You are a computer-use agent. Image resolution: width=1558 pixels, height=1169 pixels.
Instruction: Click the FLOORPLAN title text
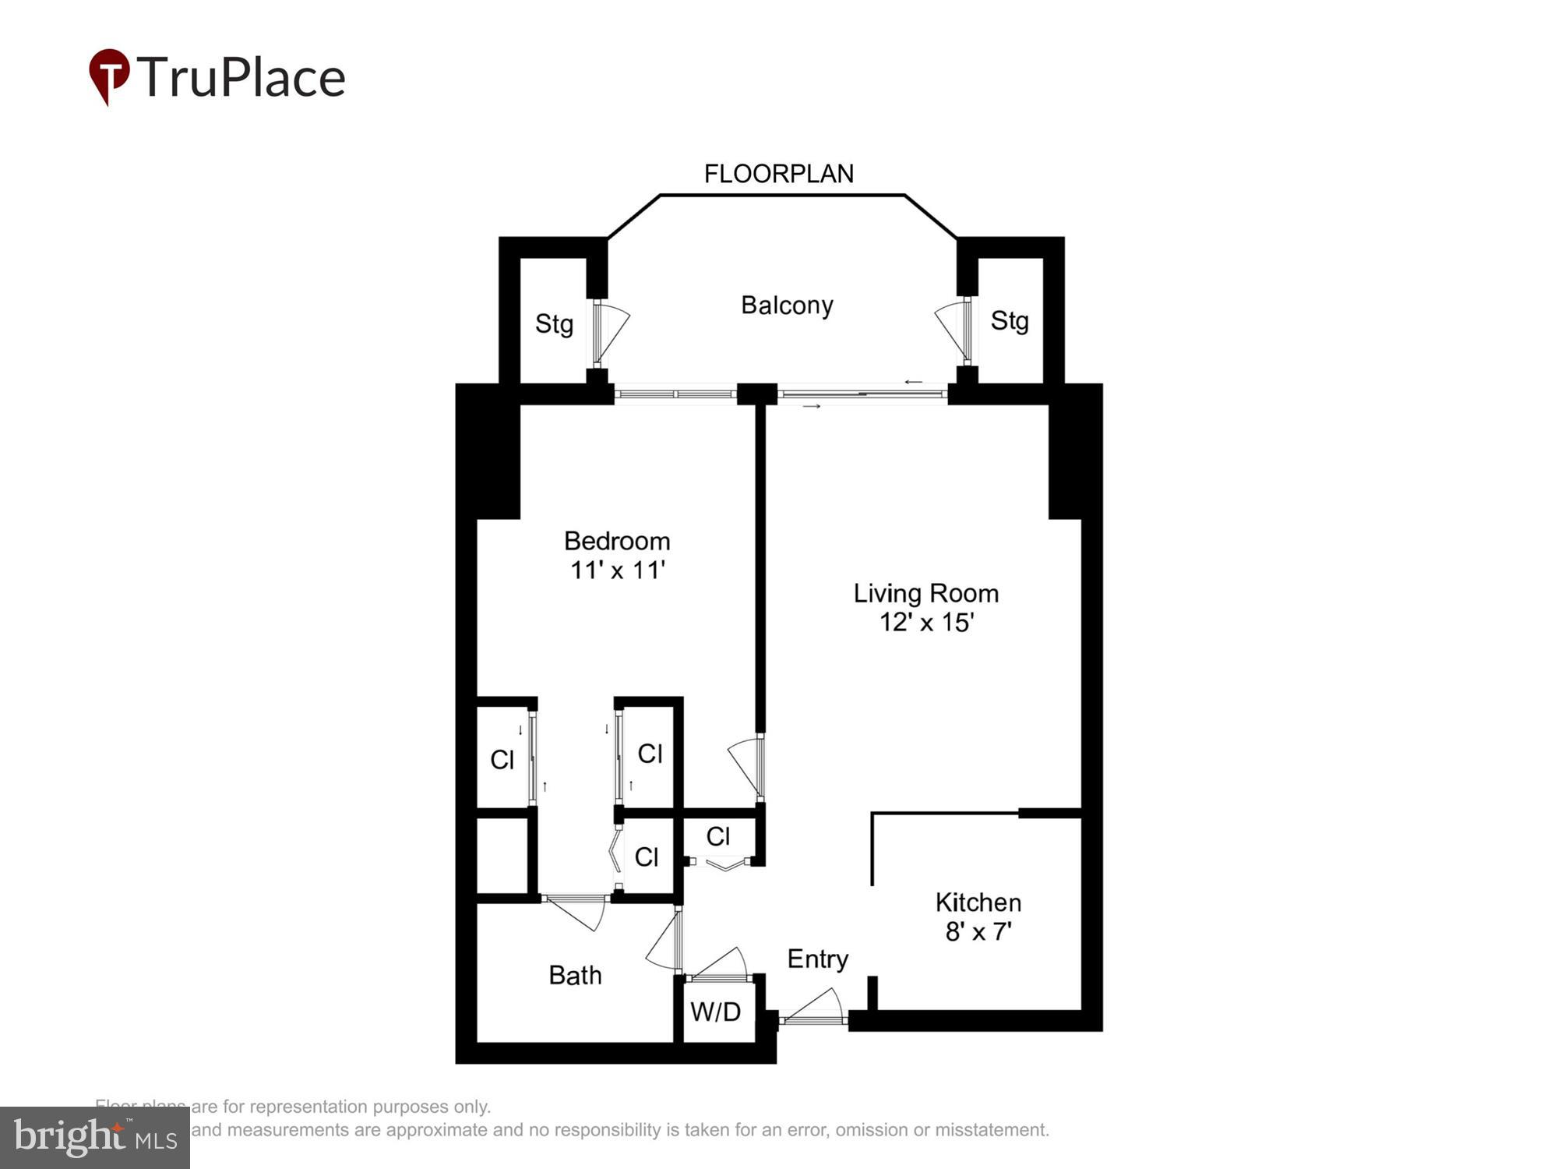point(778,174)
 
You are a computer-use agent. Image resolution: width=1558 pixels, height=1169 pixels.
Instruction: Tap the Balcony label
point(787,305)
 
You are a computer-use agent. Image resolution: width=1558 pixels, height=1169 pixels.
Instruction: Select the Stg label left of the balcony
point(554,323)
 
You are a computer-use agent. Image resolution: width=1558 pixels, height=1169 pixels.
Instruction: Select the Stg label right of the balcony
point(1010,320)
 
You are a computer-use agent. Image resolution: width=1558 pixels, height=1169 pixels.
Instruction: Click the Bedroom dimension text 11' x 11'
point(617,570)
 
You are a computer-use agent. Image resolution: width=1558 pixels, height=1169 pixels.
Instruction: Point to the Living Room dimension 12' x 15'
point(926,623)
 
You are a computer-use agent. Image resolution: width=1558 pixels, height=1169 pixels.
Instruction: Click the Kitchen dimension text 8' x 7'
point(978,931)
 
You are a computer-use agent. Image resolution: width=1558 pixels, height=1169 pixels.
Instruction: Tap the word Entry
point(817,959)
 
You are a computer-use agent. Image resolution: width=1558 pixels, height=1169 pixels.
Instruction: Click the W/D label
point(715,1012)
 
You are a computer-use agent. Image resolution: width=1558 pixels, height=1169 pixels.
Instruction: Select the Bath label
point(575,975)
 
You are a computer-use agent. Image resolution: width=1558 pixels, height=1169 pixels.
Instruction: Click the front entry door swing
point(814,1008)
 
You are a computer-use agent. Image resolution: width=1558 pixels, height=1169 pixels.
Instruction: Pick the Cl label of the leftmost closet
point(502,759)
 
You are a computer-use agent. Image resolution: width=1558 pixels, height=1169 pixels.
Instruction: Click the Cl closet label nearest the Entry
point(717,837)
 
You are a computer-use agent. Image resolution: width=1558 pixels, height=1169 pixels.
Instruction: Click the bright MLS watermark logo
point(95,1137)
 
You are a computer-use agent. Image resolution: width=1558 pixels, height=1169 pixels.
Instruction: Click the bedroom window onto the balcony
point(675,394)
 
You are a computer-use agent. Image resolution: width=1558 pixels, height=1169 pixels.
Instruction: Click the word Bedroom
point(617,540)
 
